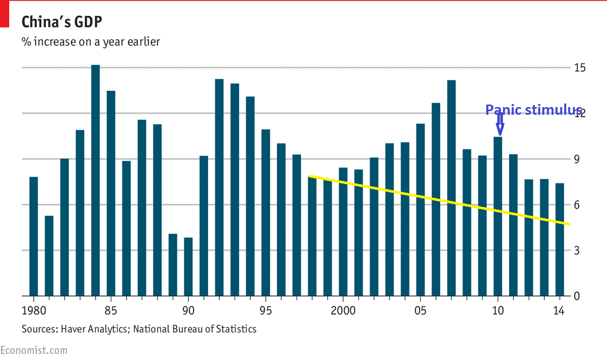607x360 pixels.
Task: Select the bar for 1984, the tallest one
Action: pos(95,181)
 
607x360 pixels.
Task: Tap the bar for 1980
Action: pos(34,237)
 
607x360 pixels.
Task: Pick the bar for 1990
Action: pos(188,267)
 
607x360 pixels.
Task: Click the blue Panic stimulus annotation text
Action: pos(533,110)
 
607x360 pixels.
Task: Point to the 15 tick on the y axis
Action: pos(579,68)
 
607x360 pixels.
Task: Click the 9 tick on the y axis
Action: pos(577,160)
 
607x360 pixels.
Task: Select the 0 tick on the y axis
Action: pos(577,296)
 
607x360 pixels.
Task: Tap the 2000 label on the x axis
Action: pos(343,310)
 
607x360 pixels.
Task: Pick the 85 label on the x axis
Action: pos(111,310)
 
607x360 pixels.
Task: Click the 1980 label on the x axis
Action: pos(34,310)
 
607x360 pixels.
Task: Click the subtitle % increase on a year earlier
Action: pos(90,42)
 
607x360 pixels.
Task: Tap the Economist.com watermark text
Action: pos(34,351)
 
